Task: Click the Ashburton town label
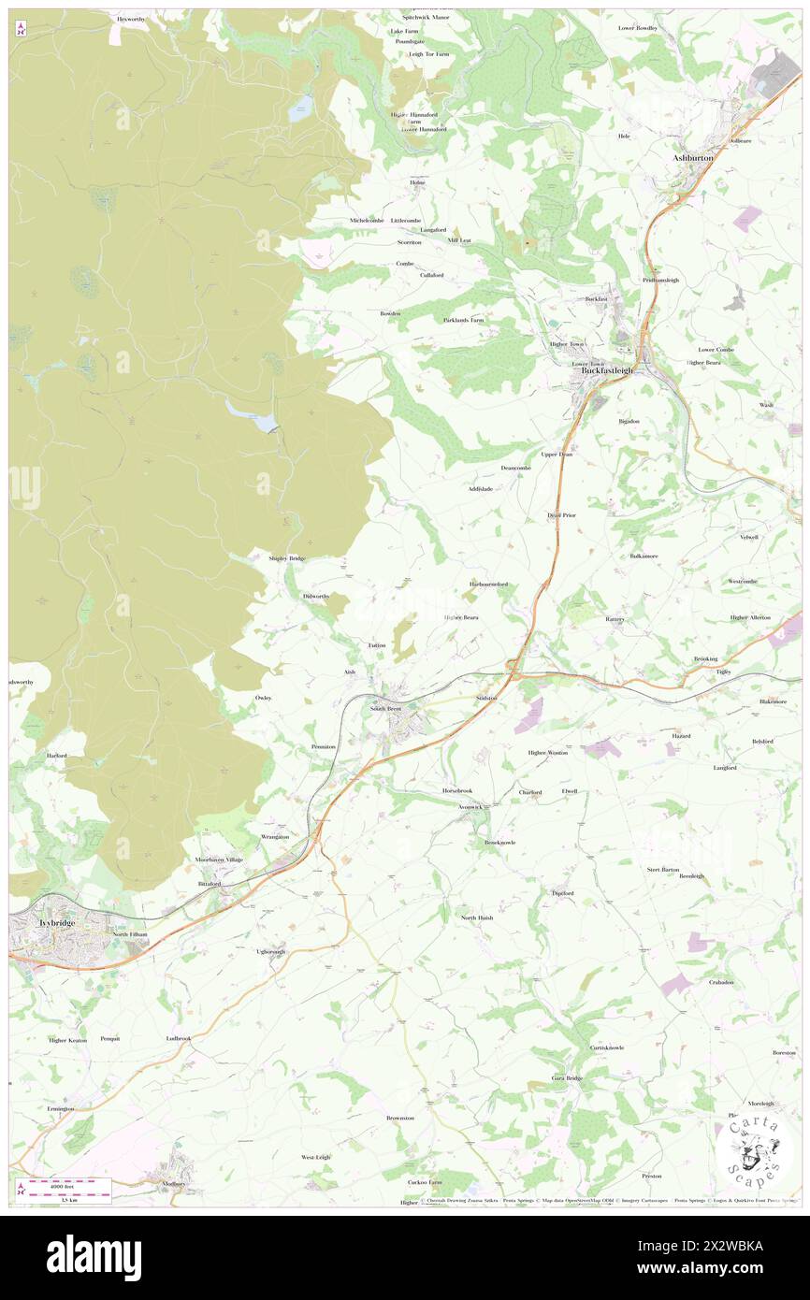pos(693,158)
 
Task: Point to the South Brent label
pos(385,709)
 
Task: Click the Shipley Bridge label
pos(287,558)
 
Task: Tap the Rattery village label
pos(615,619)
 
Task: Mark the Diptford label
pos(562,893)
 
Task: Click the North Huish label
pos(477,917)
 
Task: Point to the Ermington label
pos(60,1108)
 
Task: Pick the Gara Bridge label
pos(567,1078)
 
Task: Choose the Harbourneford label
pos(488,584)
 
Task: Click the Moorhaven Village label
pos(219,859)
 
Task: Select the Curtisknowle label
pos(607,1047)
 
